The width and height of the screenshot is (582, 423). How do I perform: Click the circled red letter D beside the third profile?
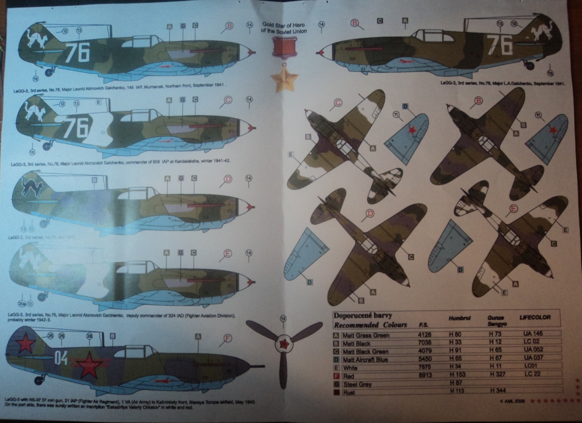pos(228,179)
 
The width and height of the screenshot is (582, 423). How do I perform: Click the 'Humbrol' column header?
pos(460,319)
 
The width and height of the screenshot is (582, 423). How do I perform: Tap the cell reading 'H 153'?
pos(458,375)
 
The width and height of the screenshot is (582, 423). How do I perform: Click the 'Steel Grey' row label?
pos(357,384)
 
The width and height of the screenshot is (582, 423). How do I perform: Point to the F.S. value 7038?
pos(424,343)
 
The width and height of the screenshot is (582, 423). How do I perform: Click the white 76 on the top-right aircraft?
pos(498,44)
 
